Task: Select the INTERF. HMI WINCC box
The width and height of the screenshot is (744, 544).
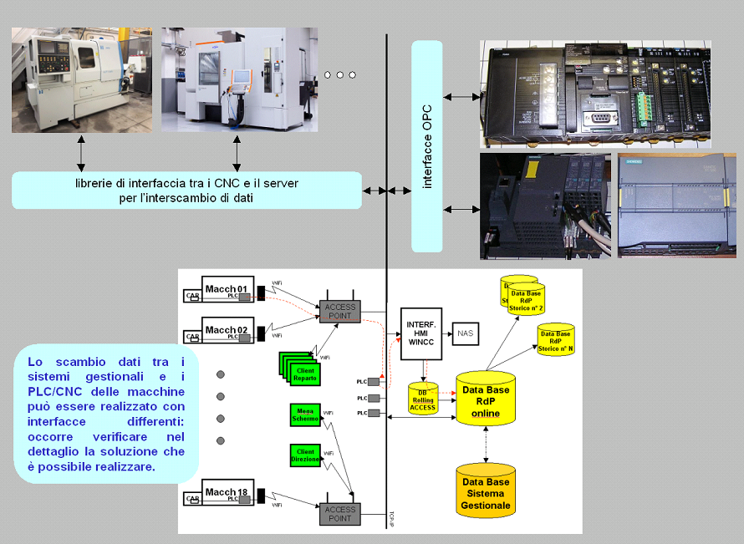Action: point(420,333)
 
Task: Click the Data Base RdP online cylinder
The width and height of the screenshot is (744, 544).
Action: point(486,400)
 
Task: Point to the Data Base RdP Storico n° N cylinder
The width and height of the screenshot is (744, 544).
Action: point(555,339)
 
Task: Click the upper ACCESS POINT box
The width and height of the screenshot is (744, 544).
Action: point(339,311)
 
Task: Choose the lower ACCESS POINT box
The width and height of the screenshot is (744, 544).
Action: point(339,513)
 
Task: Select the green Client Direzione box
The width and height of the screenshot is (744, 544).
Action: point(306,455)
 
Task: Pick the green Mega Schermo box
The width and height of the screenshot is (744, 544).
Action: point(305,414)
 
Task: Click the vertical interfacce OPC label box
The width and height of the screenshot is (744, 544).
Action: point(426,145)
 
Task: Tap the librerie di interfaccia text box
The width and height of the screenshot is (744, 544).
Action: point(186,191)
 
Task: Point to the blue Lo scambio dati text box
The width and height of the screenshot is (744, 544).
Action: point(105,414)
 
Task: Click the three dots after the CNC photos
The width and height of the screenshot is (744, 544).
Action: point(339,75)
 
